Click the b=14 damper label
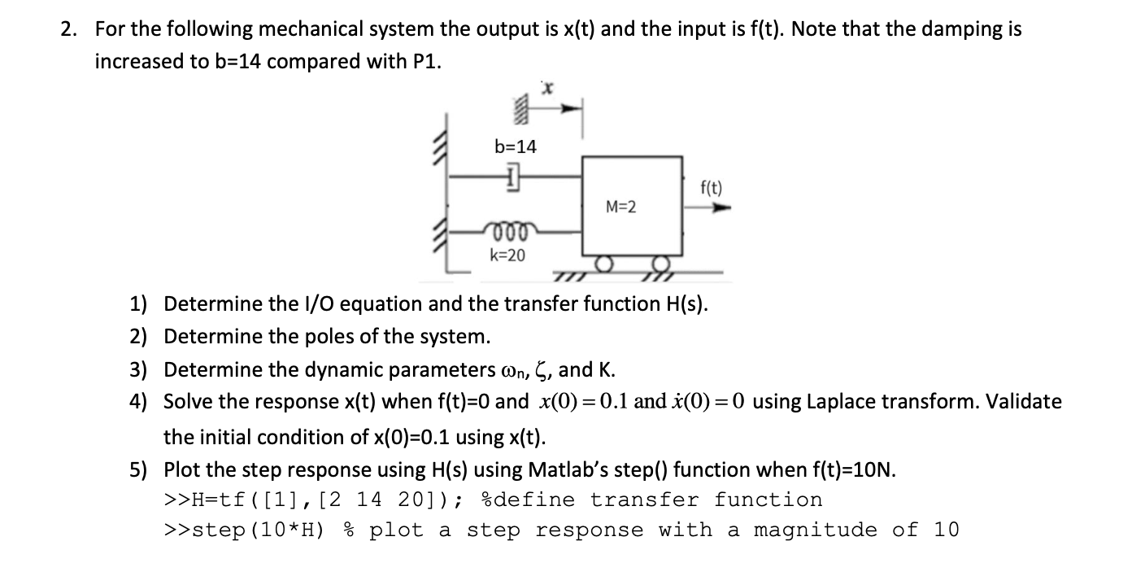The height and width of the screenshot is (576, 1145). coord(516,146)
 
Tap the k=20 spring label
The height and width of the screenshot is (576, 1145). coord(507,255)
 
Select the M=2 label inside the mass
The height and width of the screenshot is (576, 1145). coord(621,207)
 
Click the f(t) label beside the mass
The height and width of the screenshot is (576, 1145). coord(711,190)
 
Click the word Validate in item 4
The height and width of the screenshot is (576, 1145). coord(1021,402)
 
